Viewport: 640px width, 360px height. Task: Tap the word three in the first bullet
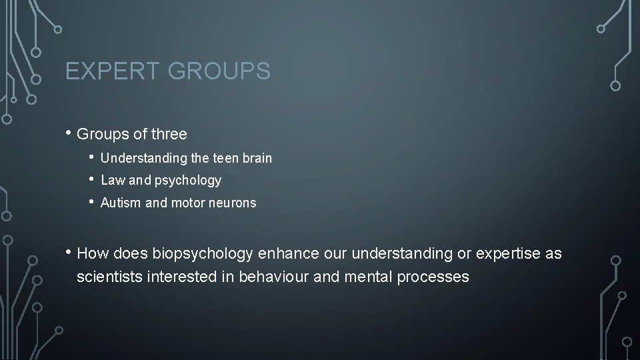point(169,134)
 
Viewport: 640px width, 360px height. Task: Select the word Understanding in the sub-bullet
point(135,159)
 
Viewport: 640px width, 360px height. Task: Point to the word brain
point(257,159)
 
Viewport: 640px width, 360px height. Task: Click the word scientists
point(109,276)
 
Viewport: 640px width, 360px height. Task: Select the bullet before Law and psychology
point(92,180)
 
